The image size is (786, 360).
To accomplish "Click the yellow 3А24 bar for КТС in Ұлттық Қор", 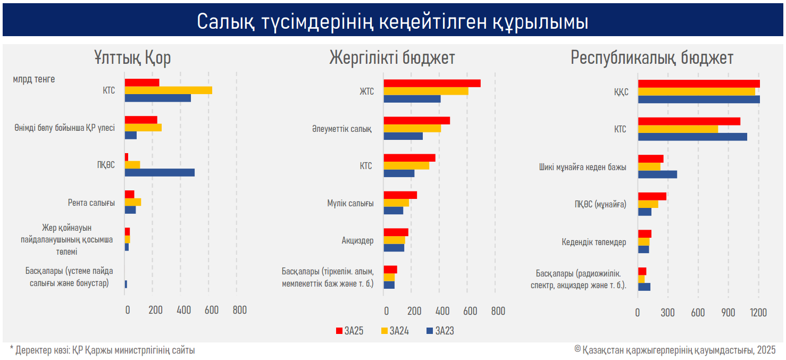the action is click(x=169, y=90).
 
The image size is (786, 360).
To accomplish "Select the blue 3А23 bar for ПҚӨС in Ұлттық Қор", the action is click(x=160, y=173).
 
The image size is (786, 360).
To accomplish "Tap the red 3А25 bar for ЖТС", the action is click(x=432, y=83).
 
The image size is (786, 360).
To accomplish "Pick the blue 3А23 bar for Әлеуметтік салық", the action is click(x=403, y=136).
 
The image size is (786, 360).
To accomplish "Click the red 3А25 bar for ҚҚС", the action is click(x=699, y=84).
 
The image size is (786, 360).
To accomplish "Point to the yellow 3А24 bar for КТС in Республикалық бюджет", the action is click(x=678, y=129).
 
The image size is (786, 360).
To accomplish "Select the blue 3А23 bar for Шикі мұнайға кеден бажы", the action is click(x=657, y=174).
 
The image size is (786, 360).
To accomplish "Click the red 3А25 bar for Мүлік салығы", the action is click(x=400, y=195).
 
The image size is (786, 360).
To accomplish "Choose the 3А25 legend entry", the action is click(x=350, y=331).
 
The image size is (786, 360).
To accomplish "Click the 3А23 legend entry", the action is click(x=440, y=331).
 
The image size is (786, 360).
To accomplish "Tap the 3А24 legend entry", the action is click(x=395, y=331).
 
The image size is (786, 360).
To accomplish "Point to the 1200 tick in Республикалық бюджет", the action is click(x=758, y=312).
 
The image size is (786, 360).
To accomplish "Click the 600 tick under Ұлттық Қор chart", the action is click(x=212, y=310).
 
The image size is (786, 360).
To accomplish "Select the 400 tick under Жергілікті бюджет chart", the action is click(x=442, y=311).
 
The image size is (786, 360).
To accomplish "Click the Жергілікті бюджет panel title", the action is click(x=392, y=57).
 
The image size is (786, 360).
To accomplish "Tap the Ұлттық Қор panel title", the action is click(x=132, y=57).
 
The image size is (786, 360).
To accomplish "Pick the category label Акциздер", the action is click(x=357, y=241).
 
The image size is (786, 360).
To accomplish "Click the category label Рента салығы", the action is click(x=91, y=203).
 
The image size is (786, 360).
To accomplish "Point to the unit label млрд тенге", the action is click(x=34, y=79).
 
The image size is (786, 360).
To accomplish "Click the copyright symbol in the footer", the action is click(x=578, y=349).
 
